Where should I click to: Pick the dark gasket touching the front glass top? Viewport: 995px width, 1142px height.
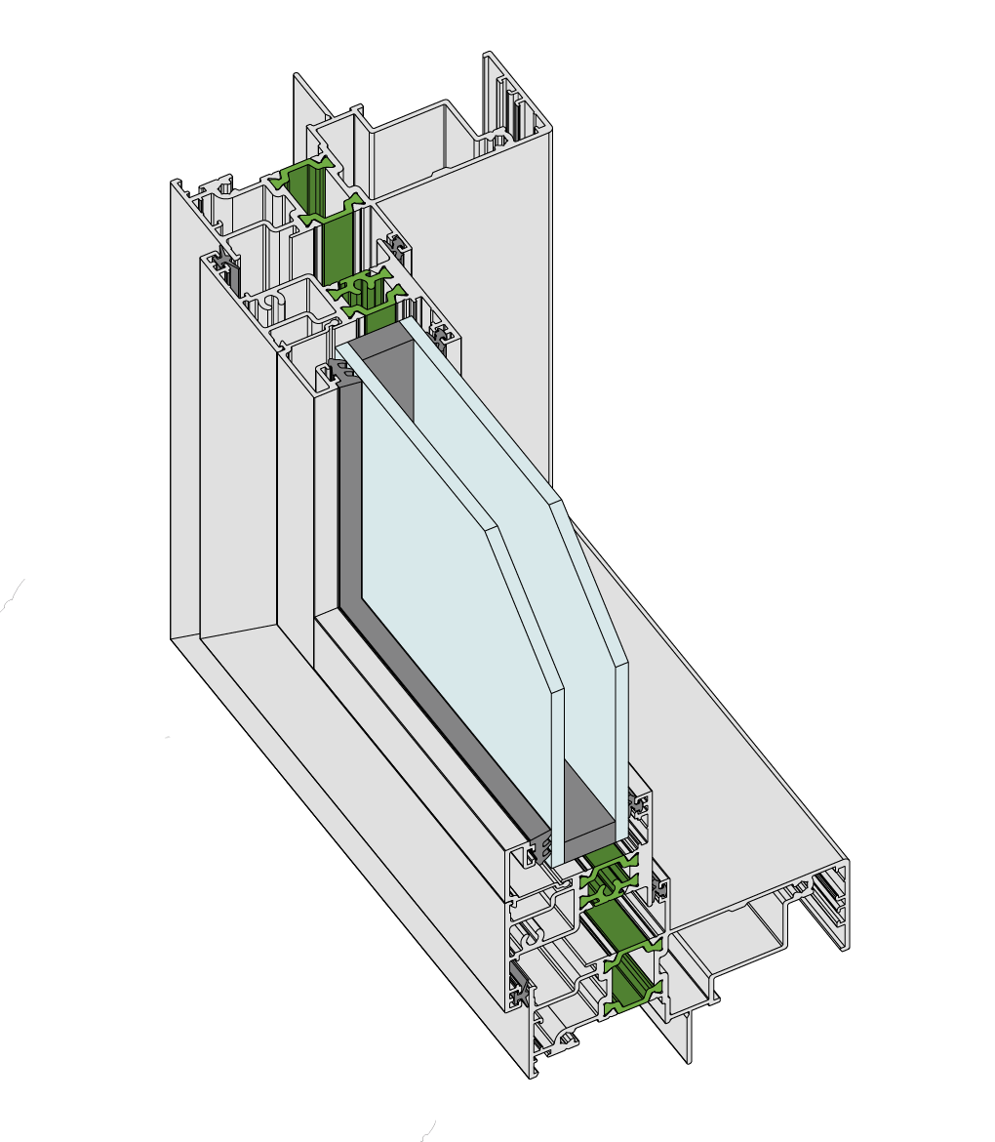tap(338, 371)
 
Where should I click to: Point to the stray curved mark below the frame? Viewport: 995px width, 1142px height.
tap(426, 1130)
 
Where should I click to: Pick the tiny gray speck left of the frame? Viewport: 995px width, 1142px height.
tap(168, 737)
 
